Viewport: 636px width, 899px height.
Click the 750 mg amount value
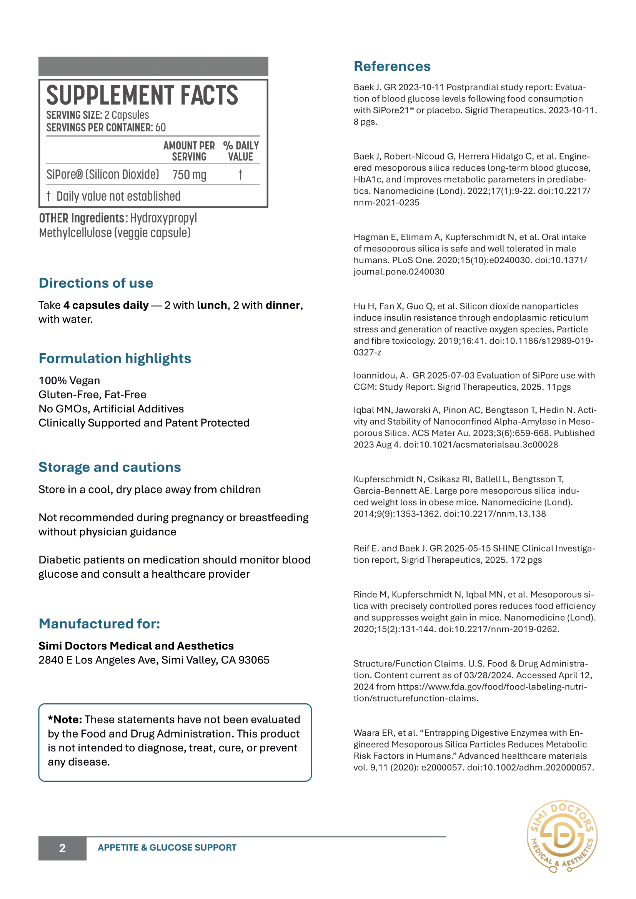click(189, 174)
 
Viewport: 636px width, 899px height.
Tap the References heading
click(392, 66)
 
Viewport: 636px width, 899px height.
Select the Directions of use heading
click(96, 283)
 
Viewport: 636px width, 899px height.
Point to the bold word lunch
click(212, 306)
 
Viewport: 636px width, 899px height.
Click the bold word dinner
click(283, 306)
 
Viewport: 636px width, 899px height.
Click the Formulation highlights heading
click(115, 359)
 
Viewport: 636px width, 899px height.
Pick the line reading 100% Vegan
click(69, 381)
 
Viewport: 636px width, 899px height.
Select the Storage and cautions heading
click(110, 467)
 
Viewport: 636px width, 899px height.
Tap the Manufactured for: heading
click(100, 624)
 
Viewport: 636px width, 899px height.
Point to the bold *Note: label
click(65, 720)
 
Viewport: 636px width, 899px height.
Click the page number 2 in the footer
click(62, 848)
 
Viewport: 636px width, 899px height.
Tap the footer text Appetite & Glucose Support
click(167, 848)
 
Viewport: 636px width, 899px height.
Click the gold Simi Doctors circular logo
click(562, 836)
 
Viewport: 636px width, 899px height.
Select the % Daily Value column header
click(241, 151)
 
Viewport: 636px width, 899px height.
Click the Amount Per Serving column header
click(189, 151)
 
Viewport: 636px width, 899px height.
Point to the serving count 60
click(161, 128)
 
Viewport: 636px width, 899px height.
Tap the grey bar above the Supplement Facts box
click(153, 66)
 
